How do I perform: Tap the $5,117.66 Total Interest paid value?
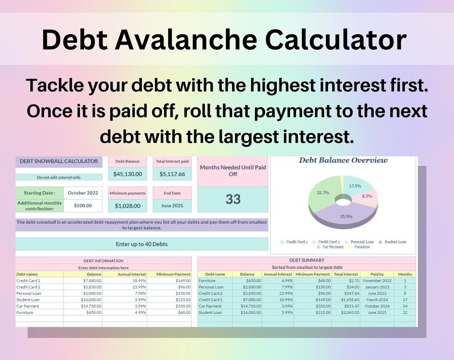click(x=172, y=174)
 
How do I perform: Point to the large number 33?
click(x=233, y=199)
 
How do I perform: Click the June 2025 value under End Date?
click(x=172, y=206)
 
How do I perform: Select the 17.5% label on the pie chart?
click(x=355, y=186)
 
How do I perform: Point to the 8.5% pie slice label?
click(x=367, y=196)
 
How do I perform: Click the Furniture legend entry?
click(x=361, y=247)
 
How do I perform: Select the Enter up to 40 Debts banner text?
click(x=141, y=244)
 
